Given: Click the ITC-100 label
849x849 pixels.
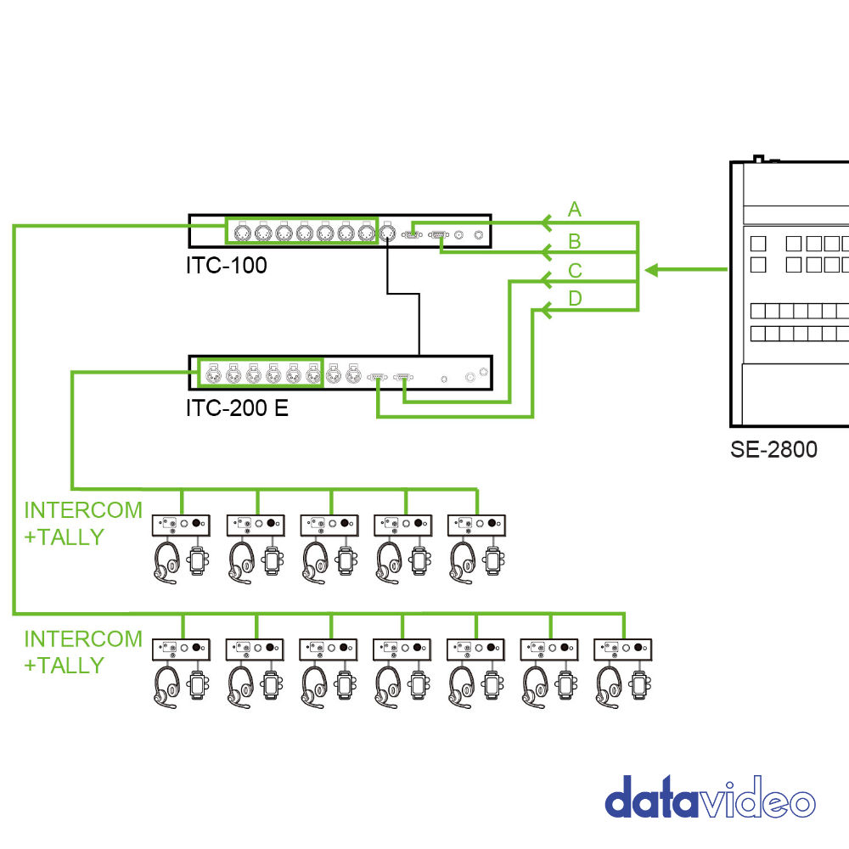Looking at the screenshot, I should point(227,266).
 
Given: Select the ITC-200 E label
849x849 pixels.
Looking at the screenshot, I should point(237,408).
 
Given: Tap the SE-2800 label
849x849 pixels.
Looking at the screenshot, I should point(773,449).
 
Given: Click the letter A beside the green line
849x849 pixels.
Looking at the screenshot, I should point(575,210).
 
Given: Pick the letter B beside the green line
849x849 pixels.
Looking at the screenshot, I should point(575,241).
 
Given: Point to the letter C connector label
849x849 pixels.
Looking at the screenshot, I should point(575,272).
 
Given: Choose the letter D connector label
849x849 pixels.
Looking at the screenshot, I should point(575,299).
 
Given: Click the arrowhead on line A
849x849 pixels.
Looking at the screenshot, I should point(547,222).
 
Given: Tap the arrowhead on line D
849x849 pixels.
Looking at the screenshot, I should point(547,311).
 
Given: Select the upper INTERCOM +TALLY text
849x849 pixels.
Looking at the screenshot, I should point(82,523).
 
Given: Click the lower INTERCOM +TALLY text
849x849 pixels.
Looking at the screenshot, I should point(82,651).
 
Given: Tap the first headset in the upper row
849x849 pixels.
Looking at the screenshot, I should point(166,562).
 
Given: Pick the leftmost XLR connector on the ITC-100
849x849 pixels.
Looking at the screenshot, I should point(240,231).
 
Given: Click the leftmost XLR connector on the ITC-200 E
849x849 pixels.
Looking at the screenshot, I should point(211,373).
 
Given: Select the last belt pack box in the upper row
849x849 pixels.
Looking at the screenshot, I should point(477,525).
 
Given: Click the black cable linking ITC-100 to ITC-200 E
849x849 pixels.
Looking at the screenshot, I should point(419,323).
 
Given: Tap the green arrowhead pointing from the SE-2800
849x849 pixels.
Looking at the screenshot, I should point(651,270).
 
